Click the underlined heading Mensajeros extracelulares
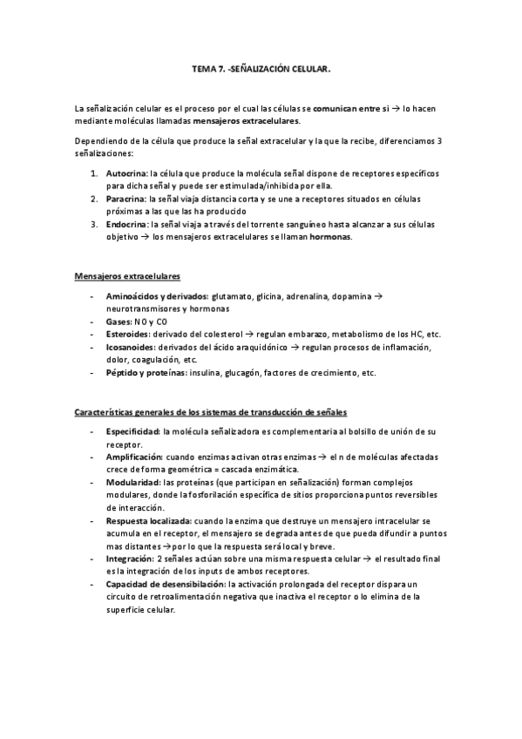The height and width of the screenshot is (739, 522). pos(128,276)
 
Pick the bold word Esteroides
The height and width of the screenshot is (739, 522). pos(126,334)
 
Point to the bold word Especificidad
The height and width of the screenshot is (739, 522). pos(132,432)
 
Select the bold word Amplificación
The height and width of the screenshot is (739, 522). pos(134,457)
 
